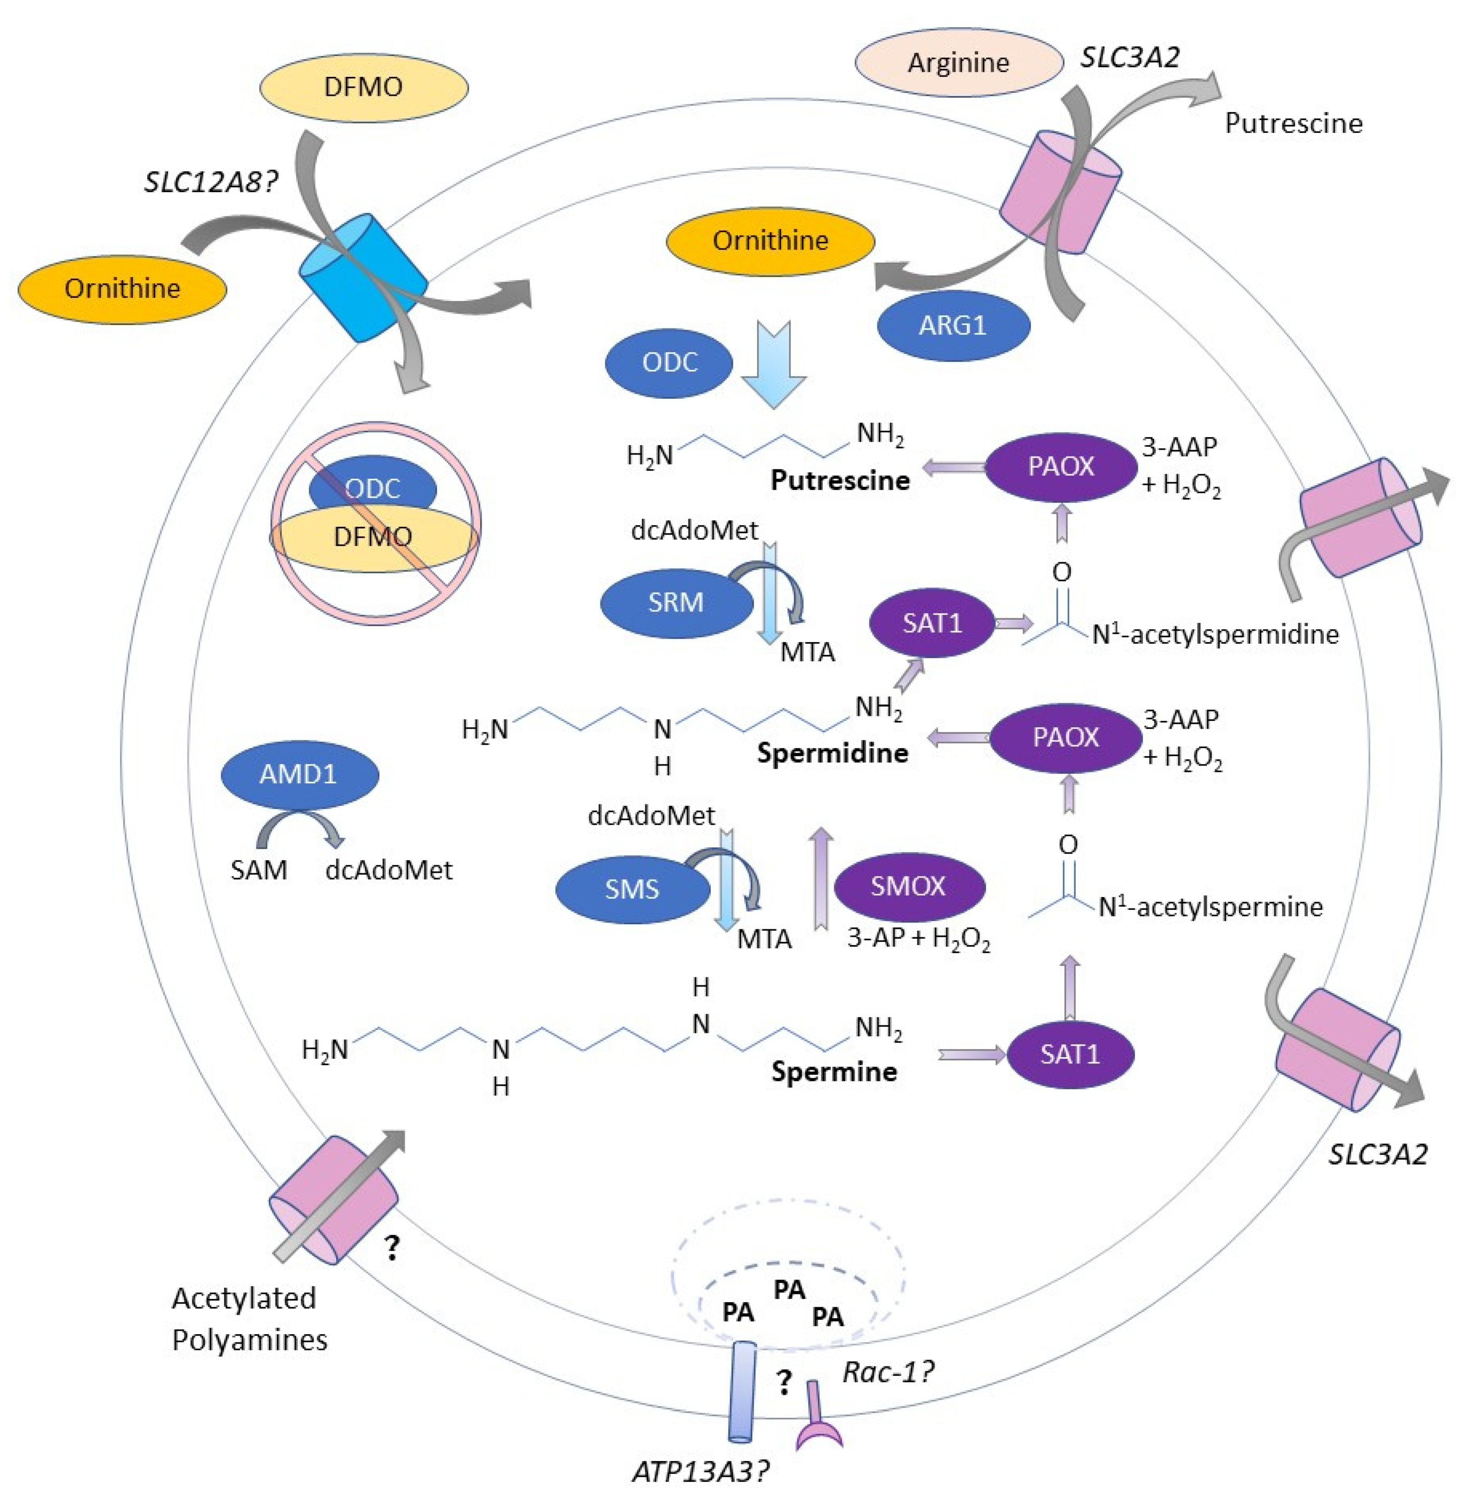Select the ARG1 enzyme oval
[x=953, y=325]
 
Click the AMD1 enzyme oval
[x=300, y=774]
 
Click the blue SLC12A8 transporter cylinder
[x=362, y=277]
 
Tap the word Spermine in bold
[x=834, y=1071]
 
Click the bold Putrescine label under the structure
[x=840, y=480]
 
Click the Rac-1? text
[x=888, y=1372]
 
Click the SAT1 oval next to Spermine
[x=1070, y=1054]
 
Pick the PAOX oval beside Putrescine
[x=1061, y=466]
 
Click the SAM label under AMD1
[x=259, y=870]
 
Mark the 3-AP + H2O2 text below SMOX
[x=918, y=938]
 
